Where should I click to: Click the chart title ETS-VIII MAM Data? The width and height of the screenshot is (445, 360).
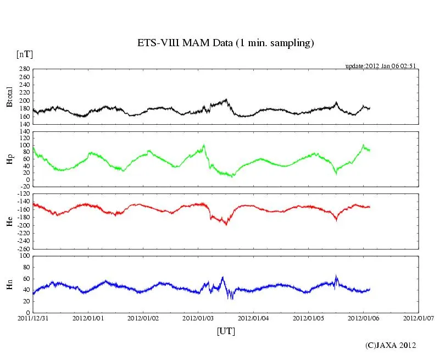[225, 43]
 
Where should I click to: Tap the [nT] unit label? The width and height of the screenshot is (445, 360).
[24, 54]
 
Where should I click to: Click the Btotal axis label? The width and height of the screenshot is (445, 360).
[9, 96]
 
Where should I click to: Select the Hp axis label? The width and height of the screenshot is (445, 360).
[9, 159]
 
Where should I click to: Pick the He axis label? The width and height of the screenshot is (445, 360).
[9, 221]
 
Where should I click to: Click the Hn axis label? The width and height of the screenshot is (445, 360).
[9, 284]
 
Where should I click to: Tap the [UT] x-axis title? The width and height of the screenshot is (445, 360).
[225, 331]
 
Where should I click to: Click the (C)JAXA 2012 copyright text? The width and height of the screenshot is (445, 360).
[391, 345]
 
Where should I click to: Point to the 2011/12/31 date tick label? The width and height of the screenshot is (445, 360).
[33, 318]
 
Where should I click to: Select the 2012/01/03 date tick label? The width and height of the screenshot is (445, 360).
[198, 318]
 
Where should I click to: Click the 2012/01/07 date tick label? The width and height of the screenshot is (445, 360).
[419, 318]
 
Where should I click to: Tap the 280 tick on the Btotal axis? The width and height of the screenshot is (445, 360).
[24, 69]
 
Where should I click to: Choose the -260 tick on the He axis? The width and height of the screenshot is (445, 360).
[23, 248]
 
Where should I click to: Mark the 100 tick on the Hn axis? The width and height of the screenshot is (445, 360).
[24, 256]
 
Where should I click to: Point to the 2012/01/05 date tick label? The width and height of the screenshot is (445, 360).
[309, 318]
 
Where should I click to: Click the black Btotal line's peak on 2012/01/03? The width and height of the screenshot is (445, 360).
[226, 99]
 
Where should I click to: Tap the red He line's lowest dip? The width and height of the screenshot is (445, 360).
[226, 224]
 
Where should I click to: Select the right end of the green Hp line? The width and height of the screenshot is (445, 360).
[370, 149]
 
